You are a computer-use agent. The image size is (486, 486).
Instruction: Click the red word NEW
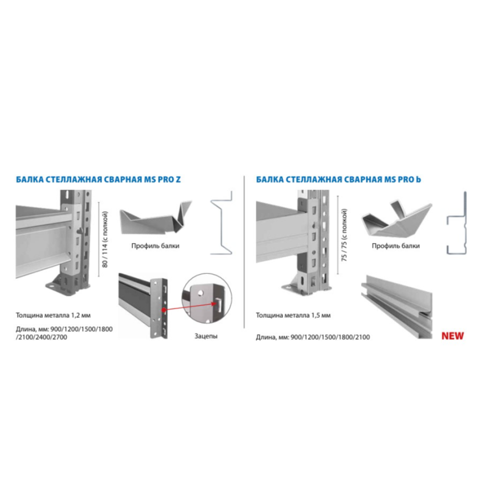tap(453, 336)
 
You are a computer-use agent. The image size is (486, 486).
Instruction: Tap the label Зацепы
tap(206, 336)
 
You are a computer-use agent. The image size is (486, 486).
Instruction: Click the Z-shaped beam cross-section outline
tap(222, 222)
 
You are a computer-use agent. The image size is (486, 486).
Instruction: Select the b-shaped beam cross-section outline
tap(457, 223)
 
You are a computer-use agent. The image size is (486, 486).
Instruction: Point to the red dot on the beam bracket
tap(163, 310)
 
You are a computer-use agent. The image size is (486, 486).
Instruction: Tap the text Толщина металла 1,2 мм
tap(53, 315)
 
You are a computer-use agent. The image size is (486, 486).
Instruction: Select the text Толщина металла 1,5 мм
tap(293, 315)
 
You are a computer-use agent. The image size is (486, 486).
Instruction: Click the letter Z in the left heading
tap(178, 179)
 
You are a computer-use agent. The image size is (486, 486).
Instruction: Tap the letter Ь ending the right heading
tap(418, 179)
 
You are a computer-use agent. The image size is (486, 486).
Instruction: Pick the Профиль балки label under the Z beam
tap(156, 246)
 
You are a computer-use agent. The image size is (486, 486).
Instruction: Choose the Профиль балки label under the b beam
tap(396, 246)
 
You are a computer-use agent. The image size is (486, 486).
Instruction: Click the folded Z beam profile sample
tap(156, 217)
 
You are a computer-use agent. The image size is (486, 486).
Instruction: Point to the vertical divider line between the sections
tap(244, 252)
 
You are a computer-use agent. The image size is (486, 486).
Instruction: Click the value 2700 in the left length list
tap(59, 337)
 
